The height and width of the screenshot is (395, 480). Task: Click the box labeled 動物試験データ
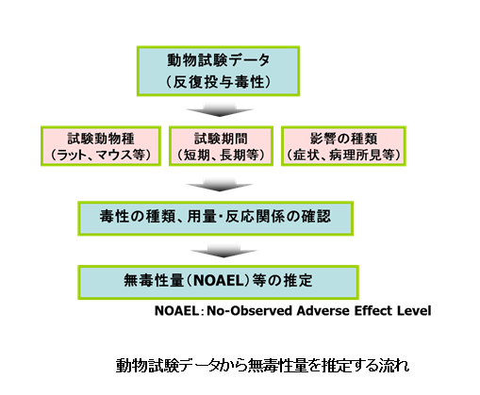click(x=218, y=71)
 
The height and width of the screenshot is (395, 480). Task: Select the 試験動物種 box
click(x=101, y=146)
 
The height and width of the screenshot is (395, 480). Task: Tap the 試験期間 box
click(x=221, y=146)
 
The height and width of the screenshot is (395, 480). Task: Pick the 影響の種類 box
click(x=343, y=146)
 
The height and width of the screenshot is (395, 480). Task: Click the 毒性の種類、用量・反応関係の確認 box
click(x=215, y=219)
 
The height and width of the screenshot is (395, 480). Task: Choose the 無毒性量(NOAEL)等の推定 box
click(x=218, y=282)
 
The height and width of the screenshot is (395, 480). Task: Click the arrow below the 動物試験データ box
click(x=220, y=109)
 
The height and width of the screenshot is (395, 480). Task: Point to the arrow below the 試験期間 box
click(x=220, y=184)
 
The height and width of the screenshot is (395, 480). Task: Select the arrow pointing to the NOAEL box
click(x=223, y=251)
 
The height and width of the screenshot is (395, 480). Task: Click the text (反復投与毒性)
click(x=218, y=82)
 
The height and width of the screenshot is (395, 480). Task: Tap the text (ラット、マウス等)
click(x=101, y=155)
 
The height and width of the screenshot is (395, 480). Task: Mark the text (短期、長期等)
click(x=221, y=155)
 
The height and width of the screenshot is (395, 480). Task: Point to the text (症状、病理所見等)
click(x=343, y=155)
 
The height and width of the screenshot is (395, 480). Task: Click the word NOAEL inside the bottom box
click(x=219, y=281)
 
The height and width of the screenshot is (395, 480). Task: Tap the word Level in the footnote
click(x=414, y=311)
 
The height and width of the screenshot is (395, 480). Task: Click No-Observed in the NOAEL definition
click(x=250, y=311)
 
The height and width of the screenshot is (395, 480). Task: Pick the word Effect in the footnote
click(x=373, y=311)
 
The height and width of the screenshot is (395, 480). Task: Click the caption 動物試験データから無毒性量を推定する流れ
click(x=263, y=366)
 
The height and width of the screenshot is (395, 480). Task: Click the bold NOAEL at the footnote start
click(x=176, y=311)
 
